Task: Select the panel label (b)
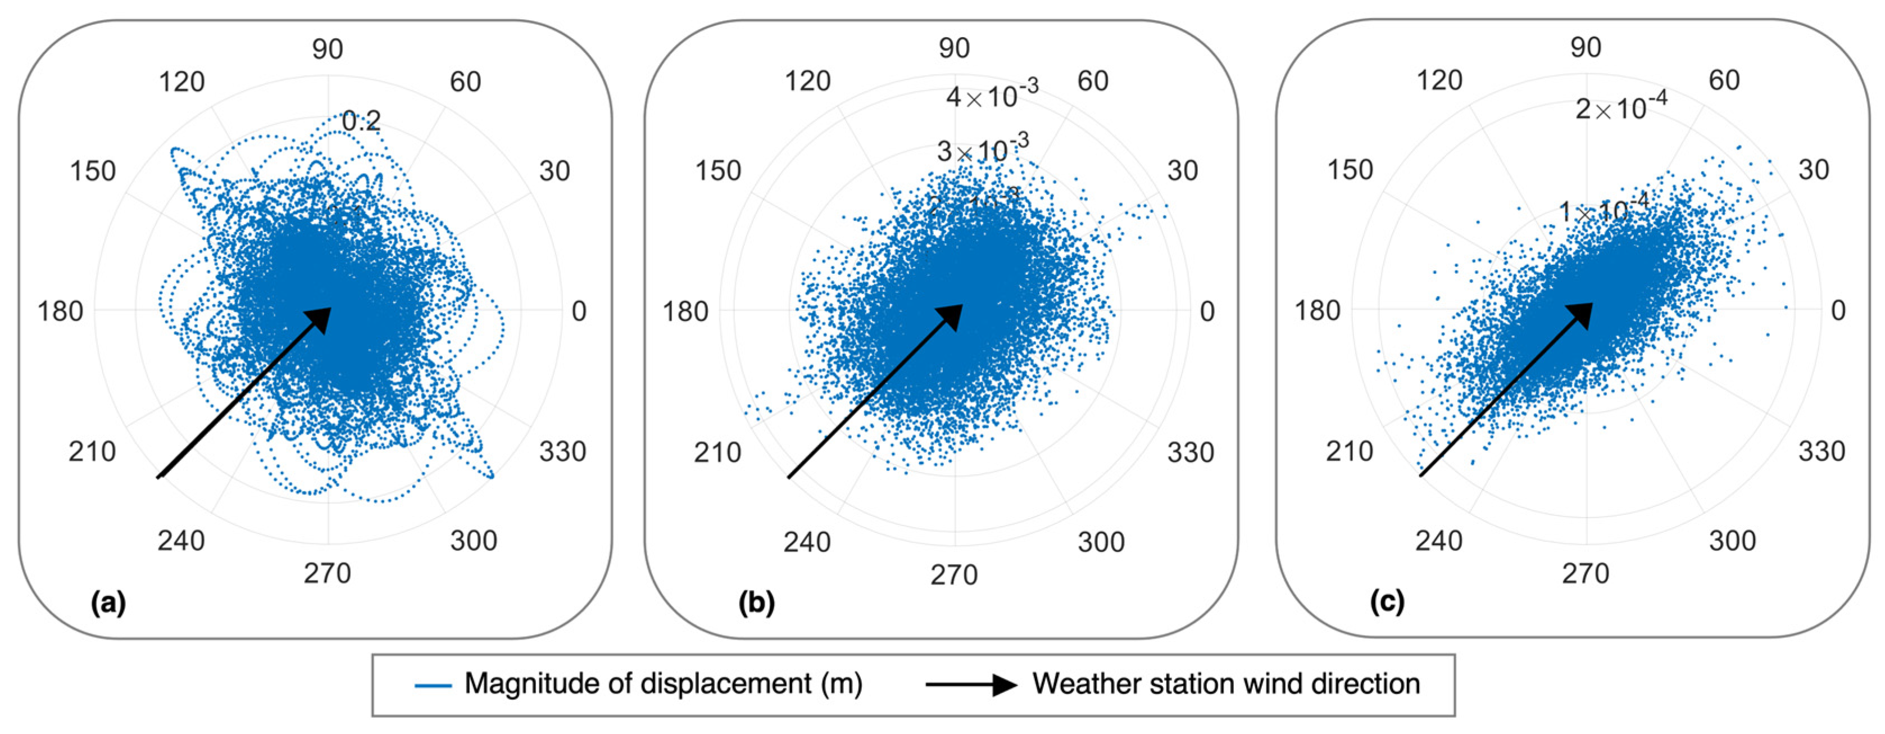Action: (x=756, y=603)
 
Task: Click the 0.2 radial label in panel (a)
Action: (x=361, y=121)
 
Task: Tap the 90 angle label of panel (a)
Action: (x=327, y=49)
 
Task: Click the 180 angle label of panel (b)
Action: (x=685, y=312)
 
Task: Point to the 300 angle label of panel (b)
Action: (x=1101, y=542)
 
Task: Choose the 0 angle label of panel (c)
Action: (x=1838, y=310)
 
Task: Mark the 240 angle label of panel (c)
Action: (x=1439, y=541)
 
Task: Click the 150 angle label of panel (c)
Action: (x=1350, y=170)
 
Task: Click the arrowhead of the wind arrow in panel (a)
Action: (x=320, y=319)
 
